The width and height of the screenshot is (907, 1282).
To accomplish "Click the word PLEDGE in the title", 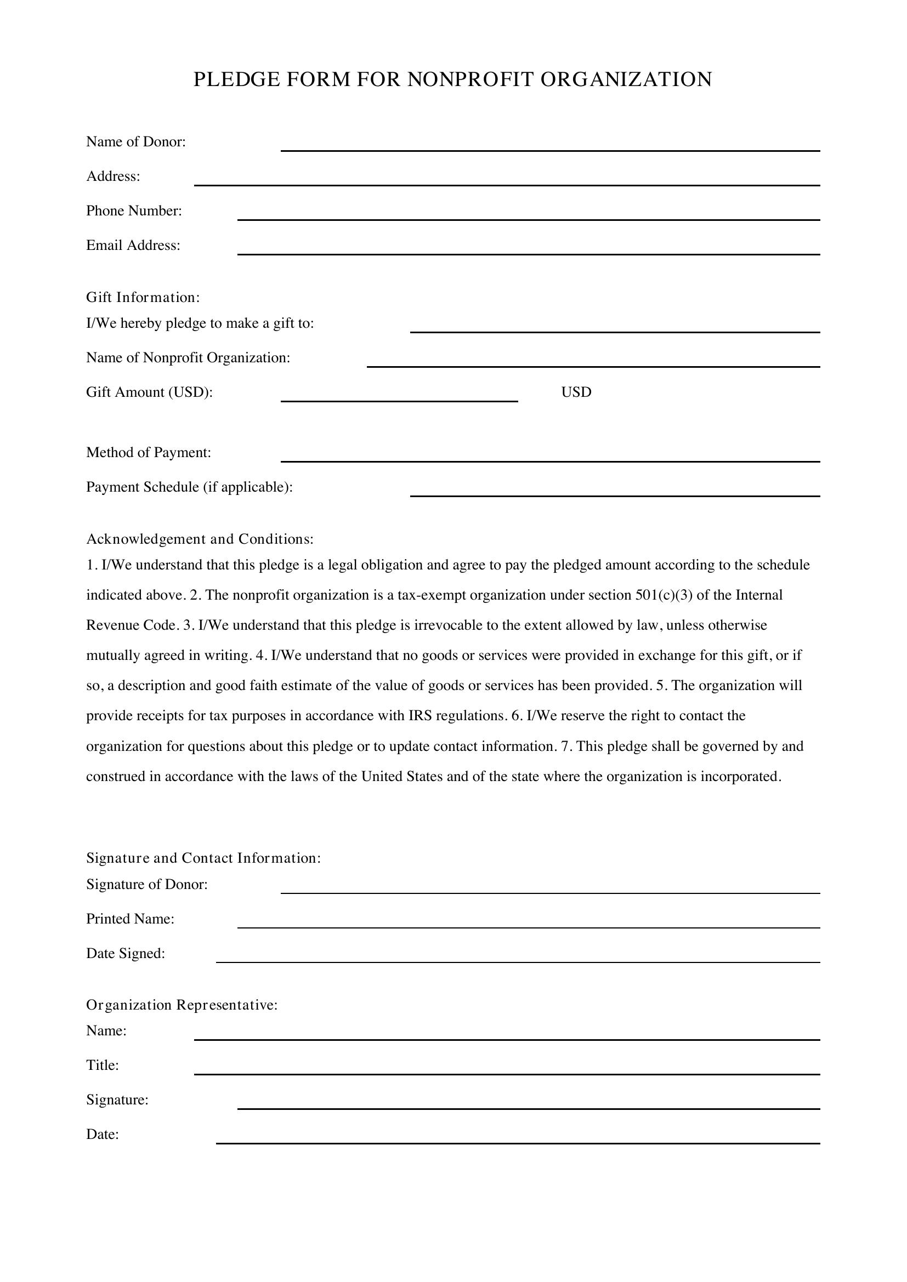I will [x=236, y=80].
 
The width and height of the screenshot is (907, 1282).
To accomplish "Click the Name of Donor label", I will [x=135, y=142].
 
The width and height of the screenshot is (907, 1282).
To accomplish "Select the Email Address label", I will [x=133, y=246].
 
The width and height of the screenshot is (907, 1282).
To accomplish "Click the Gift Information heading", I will [x=143, y=298].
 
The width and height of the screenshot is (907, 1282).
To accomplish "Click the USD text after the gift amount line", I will [x=576, y=392].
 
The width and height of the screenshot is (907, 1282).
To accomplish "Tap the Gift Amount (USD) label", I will [x=149, y=392].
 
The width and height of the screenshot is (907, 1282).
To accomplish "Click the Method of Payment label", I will [x=149, y=453].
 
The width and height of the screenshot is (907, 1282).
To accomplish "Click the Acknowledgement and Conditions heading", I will [x=200, y=539].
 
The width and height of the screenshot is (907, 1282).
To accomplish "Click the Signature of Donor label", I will [x=146, y=885].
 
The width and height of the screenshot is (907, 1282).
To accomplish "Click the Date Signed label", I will [x=125, y=954].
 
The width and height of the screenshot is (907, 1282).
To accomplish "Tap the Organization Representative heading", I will [x=182, y=1005].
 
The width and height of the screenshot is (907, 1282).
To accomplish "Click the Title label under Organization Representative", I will [x=102, y=1066].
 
